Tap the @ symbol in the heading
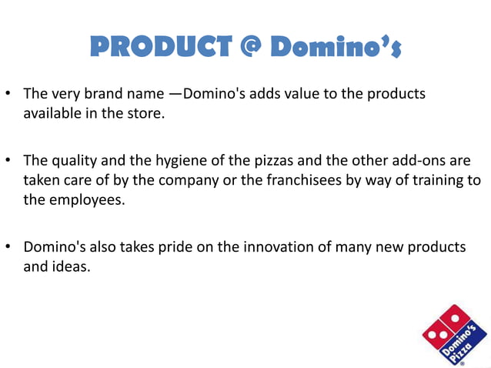pyautogui.click(x=248, y=47)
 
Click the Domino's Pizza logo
pyautogui.click(x=454, y=336)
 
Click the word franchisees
pyautogui.click(x=316, y=180)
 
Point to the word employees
pyautogui.click(x=88, y=199)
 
